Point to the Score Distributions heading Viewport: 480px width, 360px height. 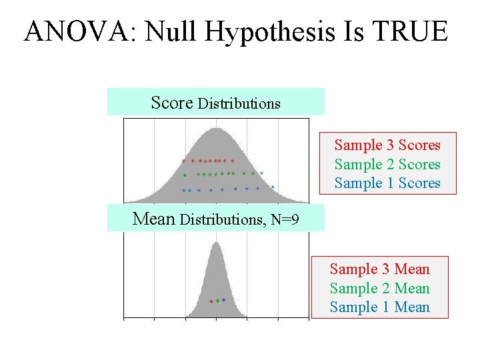215,103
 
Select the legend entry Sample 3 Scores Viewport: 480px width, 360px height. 387,145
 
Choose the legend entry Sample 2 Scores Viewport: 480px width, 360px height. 387,164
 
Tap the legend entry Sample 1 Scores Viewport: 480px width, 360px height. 387,183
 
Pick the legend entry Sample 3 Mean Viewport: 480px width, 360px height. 380,269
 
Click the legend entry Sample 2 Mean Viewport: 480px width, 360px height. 380,289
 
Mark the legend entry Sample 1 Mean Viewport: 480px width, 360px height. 380,307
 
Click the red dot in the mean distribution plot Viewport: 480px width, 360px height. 211,301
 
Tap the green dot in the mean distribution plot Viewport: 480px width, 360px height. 217,301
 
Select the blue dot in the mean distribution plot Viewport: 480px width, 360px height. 223,300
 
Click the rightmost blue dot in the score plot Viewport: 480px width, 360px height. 272,187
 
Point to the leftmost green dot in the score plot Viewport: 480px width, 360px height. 185,175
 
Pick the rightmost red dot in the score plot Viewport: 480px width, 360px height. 233,161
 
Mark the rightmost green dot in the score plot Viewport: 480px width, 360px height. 262,173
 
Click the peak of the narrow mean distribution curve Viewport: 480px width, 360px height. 215,243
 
